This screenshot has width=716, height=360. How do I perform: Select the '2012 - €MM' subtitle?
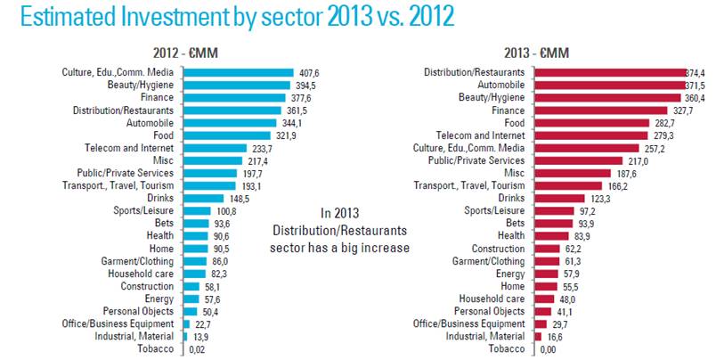[188, 53]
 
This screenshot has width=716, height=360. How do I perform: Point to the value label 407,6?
[310, 72]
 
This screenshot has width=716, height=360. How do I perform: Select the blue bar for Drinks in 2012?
[204, 198]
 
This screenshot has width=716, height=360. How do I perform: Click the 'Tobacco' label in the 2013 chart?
[502, 348]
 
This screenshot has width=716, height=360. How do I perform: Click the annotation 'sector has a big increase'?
[339, 247]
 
